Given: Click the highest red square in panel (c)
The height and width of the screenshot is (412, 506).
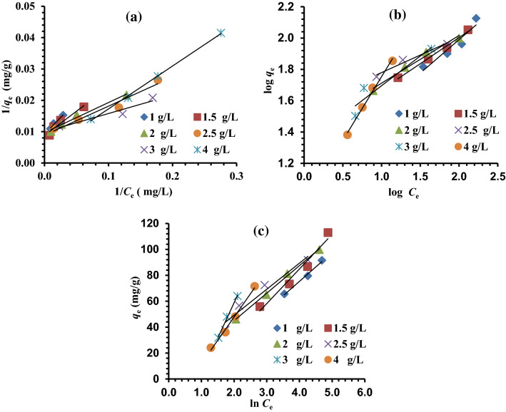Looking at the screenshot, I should [x=328, y=232].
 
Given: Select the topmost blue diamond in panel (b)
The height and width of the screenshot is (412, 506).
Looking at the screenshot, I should [x=476, y=19].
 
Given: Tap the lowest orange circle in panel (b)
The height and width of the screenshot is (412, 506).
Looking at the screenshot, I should [x=348, y=135].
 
